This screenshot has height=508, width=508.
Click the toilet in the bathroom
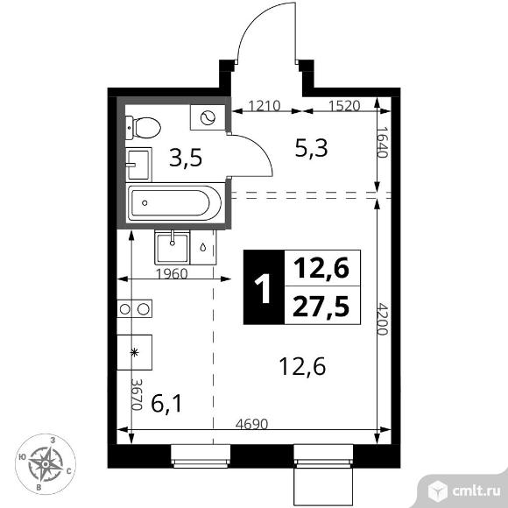click(143, 128)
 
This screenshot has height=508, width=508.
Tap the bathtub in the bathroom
click(175, 203)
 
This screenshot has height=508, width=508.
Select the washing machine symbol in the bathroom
click(208, 117)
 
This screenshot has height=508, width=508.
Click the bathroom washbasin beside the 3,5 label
click(138, 165)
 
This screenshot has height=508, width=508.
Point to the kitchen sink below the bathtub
click(173, 247)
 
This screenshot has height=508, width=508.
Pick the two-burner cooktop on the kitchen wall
click(135, 309)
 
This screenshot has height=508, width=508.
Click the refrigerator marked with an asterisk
click(135, 352)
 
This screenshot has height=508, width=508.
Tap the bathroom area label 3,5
click(186, 157)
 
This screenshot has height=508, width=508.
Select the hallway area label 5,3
click(311, 148)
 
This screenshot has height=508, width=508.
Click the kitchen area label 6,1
click(166, 404)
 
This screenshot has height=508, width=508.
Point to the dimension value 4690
click(251, 424)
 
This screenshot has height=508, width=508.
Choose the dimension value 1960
click(172, 274)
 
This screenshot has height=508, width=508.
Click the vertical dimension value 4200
click(383, 319)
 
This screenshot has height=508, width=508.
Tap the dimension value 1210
click(264, 106)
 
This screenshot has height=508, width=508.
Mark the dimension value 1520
click(344, 106)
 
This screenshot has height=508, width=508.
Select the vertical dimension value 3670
click(137, 395)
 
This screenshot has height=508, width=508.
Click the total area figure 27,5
click(321, 307)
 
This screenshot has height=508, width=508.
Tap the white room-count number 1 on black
click(263, 287)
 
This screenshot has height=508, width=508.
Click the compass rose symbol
click(46, 464)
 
